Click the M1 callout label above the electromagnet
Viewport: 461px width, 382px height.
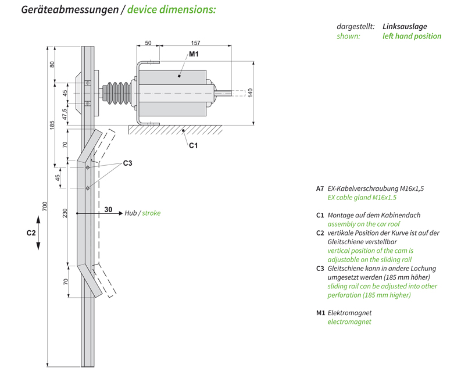coord(194,54)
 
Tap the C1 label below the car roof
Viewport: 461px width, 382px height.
coord(193,145)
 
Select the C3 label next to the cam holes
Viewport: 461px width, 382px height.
coord(127,163)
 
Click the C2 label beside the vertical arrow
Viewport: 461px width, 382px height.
coord(31,233)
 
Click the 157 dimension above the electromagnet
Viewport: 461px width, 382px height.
coord(195,43)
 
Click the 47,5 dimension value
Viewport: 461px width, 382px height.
coord(66,112)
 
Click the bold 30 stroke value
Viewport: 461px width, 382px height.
coord(109,209)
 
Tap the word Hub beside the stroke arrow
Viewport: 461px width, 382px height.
coord(130,213)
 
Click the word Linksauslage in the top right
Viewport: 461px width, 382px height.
coord(405,27)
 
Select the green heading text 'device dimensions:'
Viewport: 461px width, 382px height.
coord(171,10)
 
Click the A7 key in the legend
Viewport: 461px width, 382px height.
coord(320,188)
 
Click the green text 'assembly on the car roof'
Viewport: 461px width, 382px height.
coord(363,223)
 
